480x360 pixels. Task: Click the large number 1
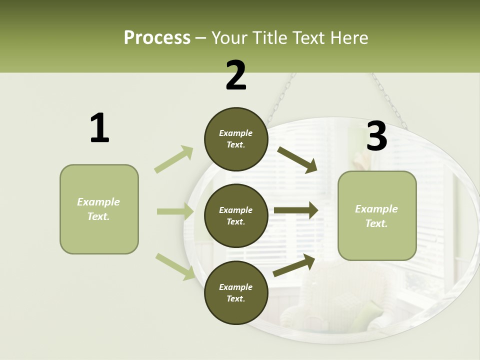[99, 128]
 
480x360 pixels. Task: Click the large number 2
[235, 75]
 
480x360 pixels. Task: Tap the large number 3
[376, 136]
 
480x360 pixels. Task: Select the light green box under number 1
[99, 209]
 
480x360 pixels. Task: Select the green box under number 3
[377, 215]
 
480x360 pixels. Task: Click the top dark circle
[235, 139]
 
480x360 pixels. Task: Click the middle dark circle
[235, 215]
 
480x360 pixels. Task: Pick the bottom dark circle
[235, 292]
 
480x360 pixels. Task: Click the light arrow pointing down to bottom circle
[175, 266]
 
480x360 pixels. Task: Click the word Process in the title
[157, 37]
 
